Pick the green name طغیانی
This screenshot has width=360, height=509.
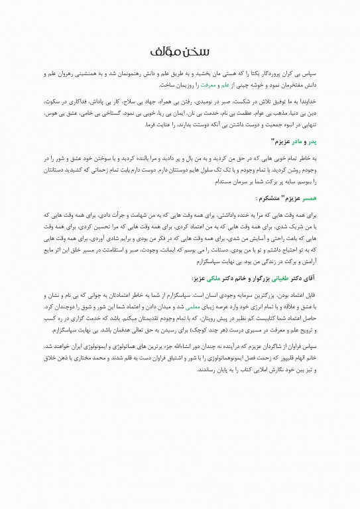pos(280,279)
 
